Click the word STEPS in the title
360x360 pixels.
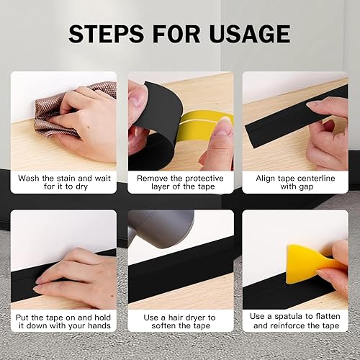[x=106, y=34]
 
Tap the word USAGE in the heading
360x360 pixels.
[x=250, y=34]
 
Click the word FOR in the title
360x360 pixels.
[x=176, y=34]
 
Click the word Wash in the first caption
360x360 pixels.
[x=29, y=179]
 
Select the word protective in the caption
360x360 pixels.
[x=204, y=179]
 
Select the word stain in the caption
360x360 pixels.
[x=66, y=179]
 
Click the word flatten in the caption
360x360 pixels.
[x=326, y=317]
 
